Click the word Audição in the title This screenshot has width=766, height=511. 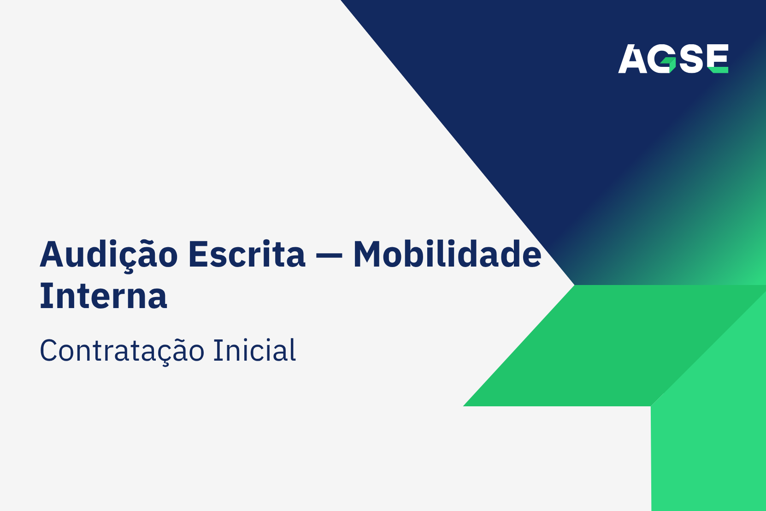tap(109, 255)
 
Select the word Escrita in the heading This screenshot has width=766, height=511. tap(247, 254)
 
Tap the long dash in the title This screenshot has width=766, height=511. tap(329, 255)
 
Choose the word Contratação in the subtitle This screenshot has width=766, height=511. tap(122, 351)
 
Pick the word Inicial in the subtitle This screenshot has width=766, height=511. tap(254, 350)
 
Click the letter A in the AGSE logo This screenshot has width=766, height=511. tap(633, 59)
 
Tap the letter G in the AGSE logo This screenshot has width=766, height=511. tap(662, 59)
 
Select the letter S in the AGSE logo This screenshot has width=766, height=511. tap(693, 59)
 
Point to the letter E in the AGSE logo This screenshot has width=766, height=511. tap(718, 59)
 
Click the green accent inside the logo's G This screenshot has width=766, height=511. tap(670, 64)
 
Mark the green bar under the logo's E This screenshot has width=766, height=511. tap(718, 70)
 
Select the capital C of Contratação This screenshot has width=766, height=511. tap(48, 350)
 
